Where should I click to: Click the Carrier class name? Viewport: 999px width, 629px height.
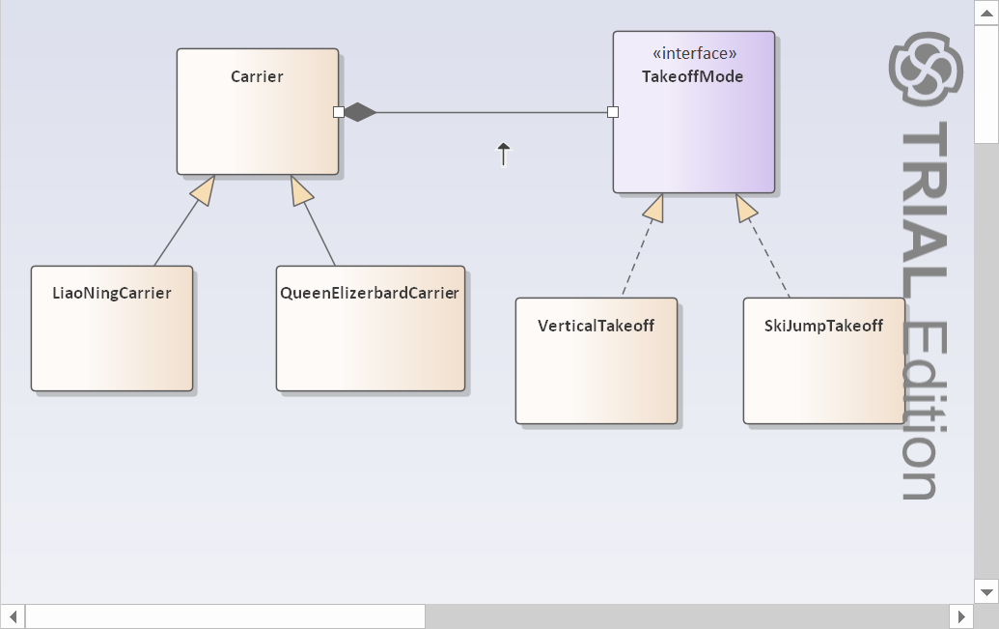point(257,76)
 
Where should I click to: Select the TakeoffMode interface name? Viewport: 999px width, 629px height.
point(693,76)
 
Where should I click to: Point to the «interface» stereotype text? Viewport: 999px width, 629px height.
point(694,53)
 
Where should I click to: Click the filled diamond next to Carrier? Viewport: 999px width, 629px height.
point(360,112)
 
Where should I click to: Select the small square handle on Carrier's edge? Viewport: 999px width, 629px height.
point(339,112)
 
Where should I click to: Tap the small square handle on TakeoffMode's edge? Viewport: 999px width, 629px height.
point(613,112)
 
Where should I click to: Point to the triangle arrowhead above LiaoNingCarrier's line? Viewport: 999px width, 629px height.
point(203,191)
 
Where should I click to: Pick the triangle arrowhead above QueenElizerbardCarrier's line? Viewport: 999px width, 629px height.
point(301,191)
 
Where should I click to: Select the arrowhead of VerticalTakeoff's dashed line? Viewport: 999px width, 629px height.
point(653,207)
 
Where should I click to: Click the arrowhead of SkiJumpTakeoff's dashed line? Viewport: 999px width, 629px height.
point(748,207)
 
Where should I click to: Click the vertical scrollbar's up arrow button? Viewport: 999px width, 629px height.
point(985,13)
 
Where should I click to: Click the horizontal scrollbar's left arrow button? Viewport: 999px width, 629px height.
point(13,615)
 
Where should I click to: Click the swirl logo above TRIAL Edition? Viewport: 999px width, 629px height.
point(926,67)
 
